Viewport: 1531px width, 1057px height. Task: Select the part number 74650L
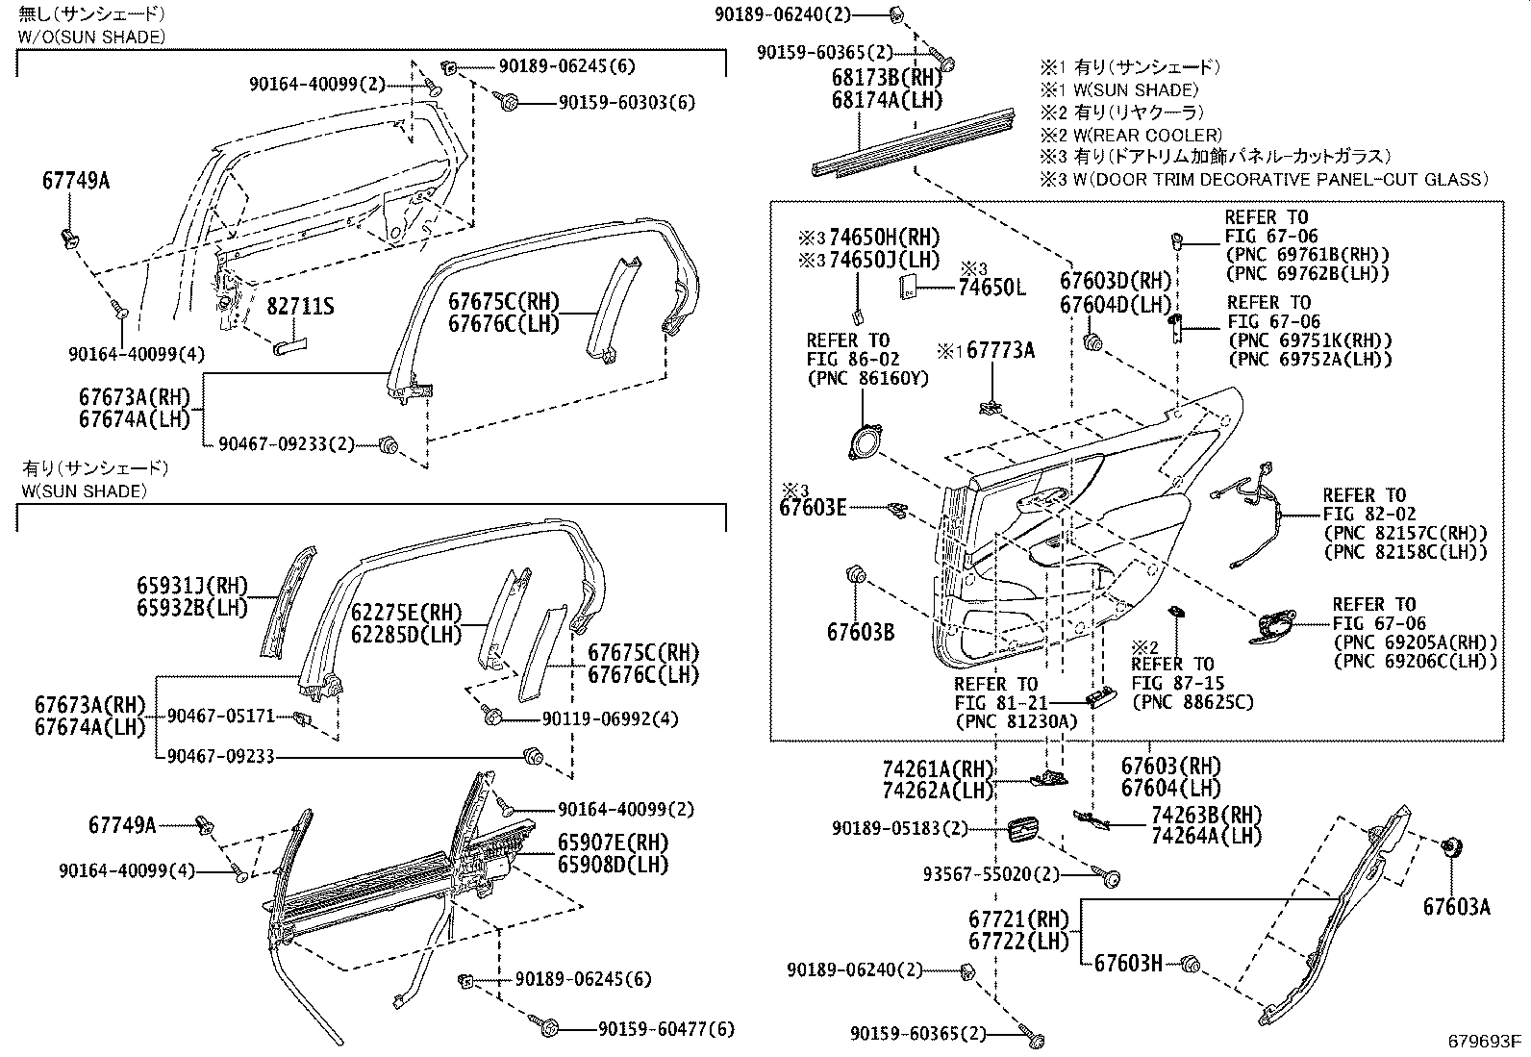coord(991,288)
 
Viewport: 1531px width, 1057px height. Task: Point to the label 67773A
coord(1000,351)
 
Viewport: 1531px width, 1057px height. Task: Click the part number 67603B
coord(861,632)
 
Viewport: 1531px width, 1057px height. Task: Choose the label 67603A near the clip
coord(1457,907)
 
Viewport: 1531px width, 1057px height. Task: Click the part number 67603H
coord(1128,963)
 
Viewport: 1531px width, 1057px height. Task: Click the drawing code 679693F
coord(1486,1042)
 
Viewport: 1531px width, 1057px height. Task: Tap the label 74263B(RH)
coord(1206,815)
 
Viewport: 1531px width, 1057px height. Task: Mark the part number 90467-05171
coord(221,716)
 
